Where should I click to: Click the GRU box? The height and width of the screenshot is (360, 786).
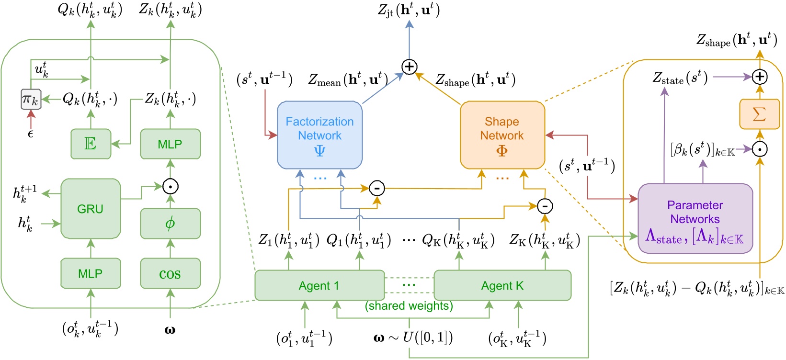91,209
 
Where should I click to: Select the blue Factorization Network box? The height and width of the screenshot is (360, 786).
319,135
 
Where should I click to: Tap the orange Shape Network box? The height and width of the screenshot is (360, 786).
502,135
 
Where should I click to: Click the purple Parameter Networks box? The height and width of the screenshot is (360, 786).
695,218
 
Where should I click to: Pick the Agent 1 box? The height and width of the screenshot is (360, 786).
319,286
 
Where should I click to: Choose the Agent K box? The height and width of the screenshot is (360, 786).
502,286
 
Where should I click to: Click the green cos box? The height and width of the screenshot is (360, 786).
170,273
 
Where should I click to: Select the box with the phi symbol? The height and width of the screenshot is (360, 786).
170,223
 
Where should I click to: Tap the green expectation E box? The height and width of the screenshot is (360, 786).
91,144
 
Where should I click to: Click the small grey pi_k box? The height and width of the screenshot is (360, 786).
31,99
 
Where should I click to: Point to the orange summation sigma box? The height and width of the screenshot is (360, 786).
759,114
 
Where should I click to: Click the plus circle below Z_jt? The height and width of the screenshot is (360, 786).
409,67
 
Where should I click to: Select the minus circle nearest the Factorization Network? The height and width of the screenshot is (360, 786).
377,188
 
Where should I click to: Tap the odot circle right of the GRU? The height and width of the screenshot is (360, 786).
170,186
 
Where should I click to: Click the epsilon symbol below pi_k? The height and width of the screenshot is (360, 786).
31,134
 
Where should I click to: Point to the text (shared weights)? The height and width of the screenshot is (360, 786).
409,306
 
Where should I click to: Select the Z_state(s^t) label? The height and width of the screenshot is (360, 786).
680,77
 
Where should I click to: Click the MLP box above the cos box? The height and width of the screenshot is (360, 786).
170,144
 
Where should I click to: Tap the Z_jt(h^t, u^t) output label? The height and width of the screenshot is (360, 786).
409,10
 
